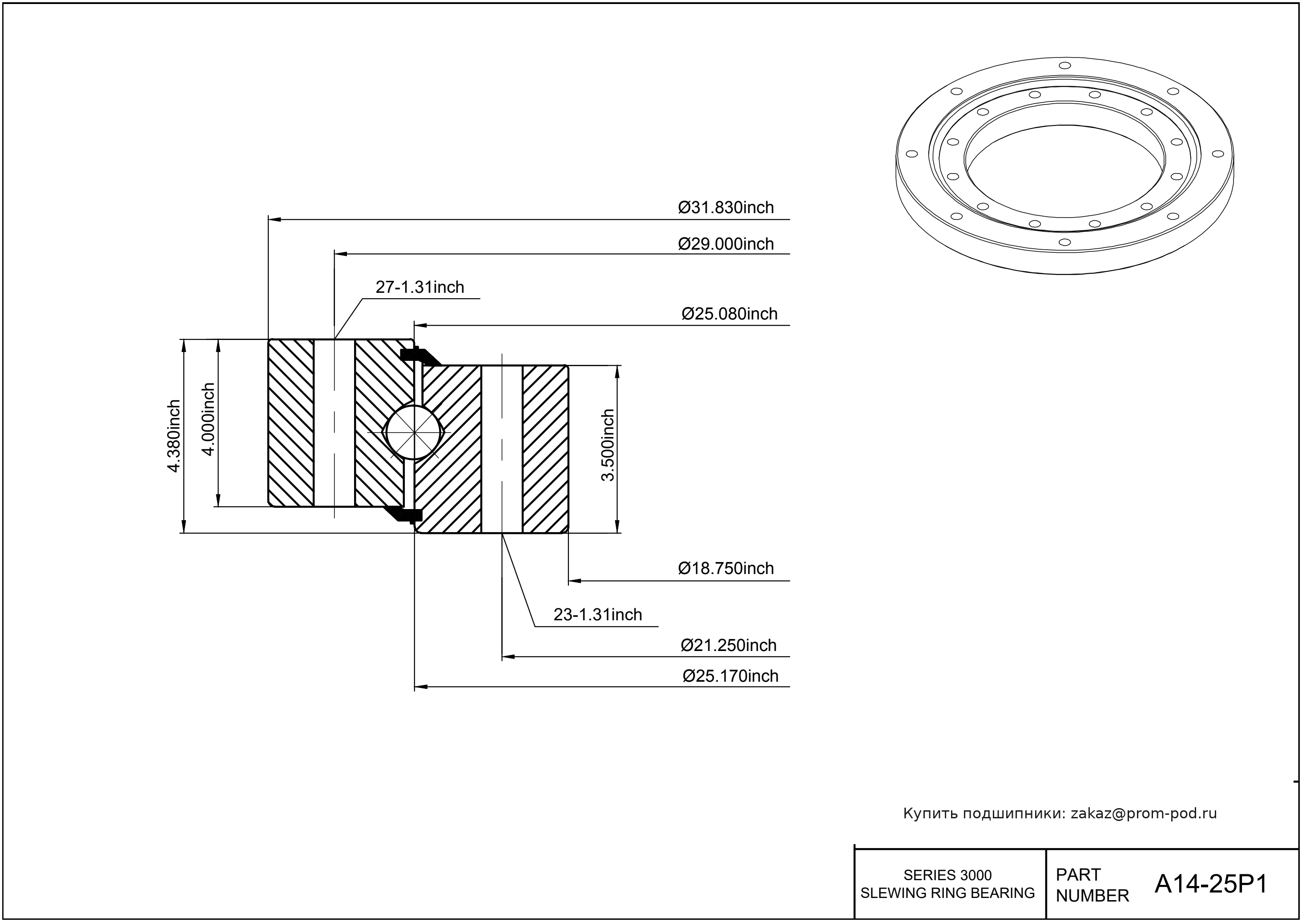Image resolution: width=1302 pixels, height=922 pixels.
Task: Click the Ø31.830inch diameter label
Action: click(x=726, y=207)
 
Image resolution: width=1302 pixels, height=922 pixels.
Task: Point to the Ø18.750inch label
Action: click(x=726, y=568)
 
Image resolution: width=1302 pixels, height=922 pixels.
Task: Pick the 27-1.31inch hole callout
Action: click(x=420, y=287)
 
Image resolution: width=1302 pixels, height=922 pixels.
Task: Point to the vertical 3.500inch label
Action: click(x=608, y=445)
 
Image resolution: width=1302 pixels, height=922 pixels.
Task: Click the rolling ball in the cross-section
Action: click(x=414, y=433)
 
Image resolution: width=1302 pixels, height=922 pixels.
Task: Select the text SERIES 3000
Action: click(x=947, y=875)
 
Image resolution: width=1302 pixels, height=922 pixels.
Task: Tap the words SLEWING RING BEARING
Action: click(x=947, y=893)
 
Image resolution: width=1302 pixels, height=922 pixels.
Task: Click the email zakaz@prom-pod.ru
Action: click(x=1144, y=813)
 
